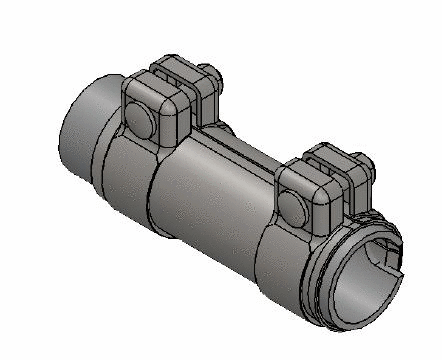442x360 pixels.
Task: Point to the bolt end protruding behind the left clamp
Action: (x=213, y=72)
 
